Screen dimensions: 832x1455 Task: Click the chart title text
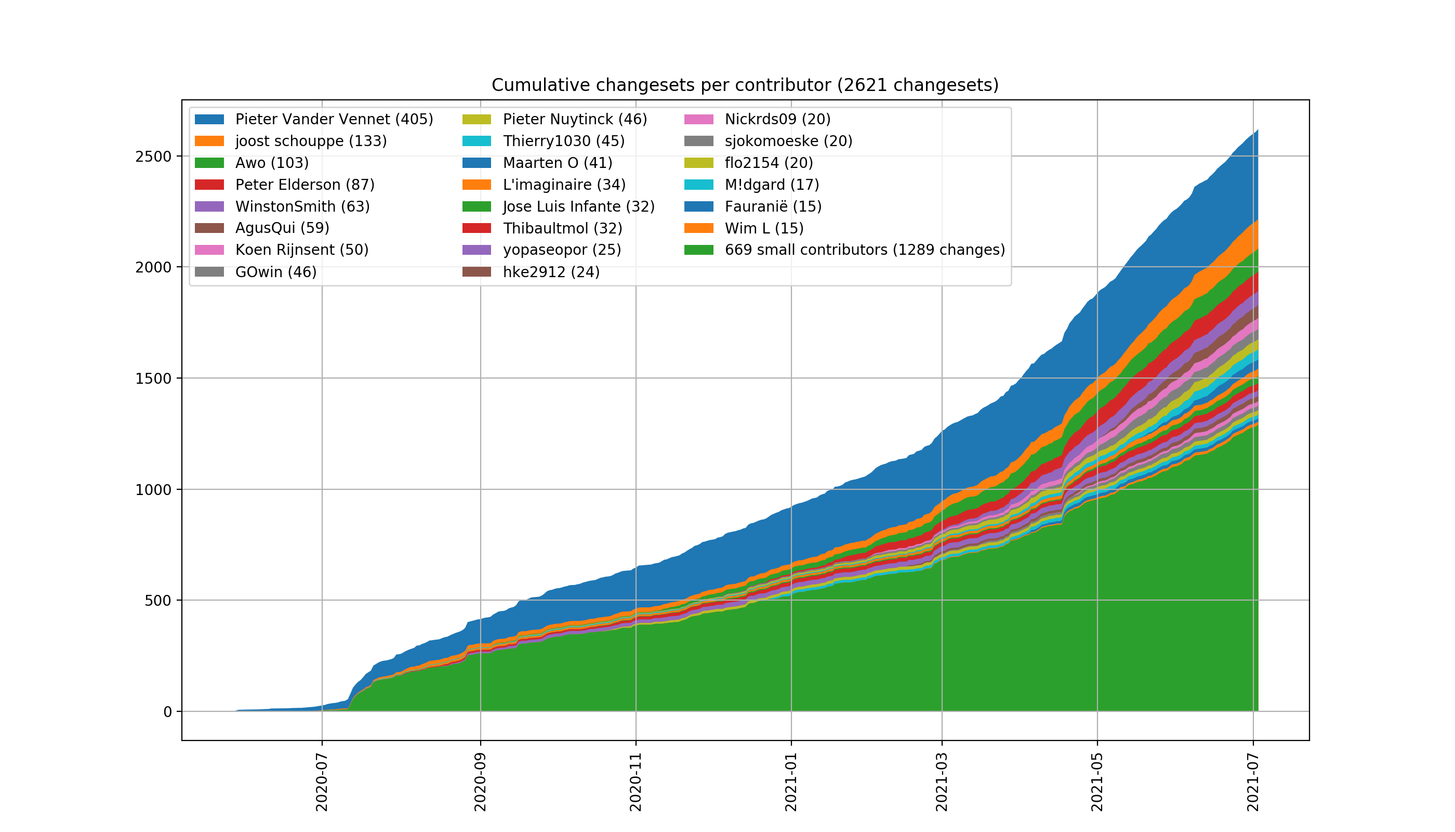click(x=745, y=85)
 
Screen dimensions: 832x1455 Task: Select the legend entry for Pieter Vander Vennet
click(x=334, y=120)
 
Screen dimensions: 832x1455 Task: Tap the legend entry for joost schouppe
click(x=311, y=141)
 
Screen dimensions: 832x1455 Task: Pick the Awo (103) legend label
click(x=272, y=163)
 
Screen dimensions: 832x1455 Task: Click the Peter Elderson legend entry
click(x=305, y=185)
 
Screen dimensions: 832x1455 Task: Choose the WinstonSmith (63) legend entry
click(x=302, y=206)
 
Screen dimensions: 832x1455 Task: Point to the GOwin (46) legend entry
click(x=276, y=272)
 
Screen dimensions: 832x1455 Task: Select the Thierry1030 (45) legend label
click(x=564, y=141)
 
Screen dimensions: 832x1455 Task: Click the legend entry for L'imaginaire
click(x=564, y=185)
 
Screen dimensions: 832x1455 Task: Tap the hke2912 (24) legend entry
click(x=551, y=272)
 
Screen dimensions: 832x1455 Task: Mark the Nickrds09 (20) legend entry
click(x=777, y=120)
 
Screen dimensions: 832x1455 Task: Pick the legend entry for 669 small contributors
click(x=865, y=250)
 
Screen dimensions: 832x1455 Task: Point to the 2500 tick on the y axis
click(x=153, y=157)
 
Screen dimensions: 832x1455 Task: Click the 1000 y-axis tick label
click(x=153, y=490)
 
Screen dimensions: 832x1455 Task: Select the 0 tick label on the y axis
click(x=167, y=712)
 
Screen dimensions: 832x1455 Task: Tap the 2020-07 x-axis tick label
click(x=322, y=782)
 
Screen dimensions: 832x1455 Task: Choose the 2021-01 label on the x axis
click(x=791, y=782)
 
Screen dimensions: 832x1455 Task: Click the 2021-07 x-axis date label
click(x=1253, y=782)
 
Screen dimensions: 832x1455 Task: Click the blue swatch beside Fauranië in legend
click(x=699, y=206)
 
